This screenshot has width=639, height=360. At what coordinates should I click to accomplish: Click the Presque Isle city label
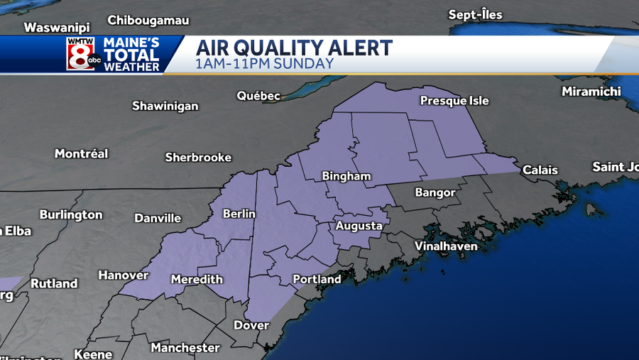point(454,101)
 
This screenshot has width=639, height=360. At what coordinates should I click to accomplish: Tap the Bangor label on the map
point(435,192)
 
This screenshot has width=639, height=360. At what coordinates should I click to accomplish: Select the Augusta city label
point(359,226)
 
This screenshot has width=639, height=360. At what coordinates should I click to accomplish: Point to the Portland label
point(317,279)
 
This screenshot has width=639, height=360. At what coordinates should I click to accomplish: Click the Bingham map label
point(346,176)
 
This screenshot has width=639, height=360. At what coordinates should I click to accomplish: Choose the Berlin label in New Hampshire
point(239,214)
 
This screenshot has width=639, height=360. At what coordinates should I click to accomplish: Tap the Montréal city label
point(82,153)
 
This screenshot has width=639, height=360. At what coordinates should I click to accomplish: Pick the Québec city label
point(258,96)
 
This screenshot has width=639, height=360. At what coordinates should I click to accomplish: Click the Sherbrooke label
point(198,157)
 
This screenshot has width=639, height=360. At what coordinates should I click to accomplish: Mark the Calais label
point(540,170)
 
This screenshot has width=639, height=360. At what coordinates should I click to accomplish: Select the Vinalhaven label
point(447,246)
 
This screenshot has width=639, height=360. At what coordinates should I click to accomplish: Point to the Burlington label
point(71,214)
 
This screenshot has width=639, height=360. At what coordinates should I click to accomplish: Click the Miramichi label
point(591,92)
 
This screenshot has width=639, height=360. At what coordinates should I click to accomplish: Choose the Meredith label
point(197,280)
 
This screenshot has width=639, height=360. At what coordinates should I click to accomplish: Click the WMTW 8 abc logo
point(81,54)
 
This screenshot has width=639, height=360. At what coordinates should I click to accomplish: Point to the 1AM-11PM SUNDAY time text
point(264,64)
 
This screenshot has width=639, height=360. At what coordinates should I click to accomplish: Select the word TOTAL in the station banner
point(132,55)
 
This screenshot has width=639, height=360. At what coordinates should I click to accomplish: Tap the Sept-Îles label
point(476,15)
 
